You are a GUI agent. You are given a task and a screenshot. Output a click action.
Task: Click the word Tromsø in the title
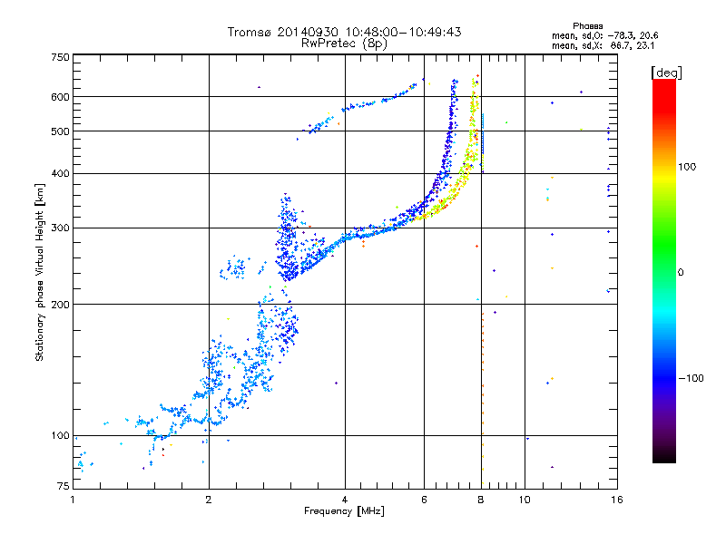click(250, 32)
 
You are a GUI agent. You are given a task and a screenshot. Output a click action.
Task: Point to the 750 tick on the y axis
click(60, 57)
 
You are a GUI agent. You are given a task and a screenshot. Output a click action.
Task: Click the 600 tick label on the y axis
click(60, 97)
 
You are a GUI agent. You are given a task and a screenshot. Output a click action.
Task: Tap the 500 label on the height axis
click(60, 131)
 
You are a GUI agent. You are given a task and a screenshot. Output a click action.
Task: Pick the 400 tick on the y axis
click(60, 173)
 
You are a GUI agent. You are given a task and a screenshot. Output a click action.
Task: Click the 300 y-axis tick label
click(60, 228)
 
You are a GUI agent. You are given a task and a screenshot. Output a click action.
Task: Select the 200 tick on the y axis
click(60, 304)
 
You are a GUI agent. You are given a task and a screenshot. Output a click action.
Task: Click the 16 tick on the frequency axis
click(616, 500)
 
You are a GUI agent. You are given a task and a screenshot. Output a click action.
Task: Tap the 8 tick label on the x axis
click(481, 500)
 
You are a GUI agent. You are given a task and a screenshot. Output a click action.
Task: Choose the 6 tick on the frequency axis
click(425, 500)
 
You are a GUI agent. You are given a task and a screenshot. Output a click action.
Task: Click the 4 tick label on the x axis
click(346, 500)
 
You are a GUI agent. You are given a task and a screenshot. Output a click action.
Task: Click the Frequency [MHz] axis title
click(344, 512)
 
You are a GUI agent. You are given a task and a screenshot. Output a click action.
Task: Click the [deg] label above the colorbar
click(667, 72)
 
